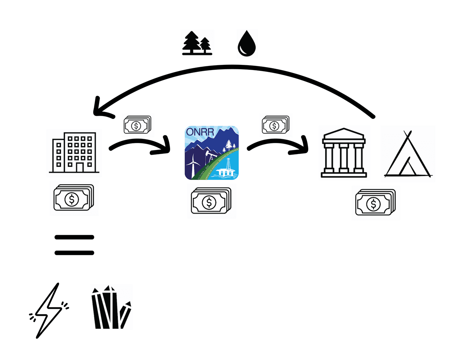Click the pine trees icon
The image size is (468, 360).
coord(197,43)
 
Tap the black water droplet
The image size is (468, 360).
coord(246,43)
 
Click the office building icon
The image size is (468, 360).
coord(74,152)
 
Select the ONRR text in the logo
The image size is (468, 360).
coord(200,132)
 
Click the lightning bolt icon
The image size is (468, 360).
coord(49,310)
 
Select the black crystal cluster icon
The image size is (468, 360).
coord(111,307)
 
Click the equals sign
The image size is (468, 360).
coord(74,245)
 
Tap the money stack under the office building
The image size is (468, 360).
coord(74,198)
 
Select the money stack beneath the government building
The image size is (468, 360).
coord(375,202)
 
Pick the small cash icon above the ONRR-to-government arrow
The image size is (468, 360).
coord(275,125)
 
